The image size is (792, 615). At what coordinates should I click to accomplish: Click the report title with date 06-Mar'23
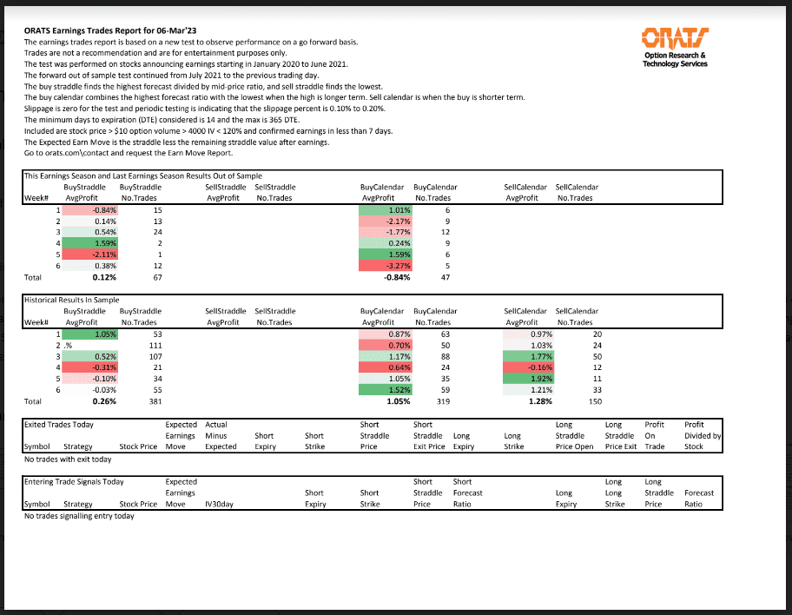click(x=110, y=31)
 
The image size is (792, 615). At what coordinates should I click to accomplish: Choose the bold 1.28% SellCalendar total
click(x=539, y=401)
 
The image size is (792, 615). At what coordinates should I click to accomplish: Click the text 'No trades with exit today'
click(x=68, y=459)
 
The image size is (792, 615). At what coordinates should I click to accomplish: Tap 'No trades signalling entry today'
click(x=79, y=516)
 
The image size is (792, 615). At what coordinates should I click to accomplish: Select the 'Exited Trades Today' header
click(x=59, y=425)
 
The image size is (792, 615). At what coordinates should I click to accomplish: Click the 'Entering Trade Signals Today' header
click(x=74, y=481)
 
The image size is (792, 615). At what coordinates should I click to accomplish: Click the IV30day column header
click(x=221, y=504)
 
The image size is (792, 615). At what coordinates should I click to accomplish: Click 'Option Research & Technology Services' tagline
click(x=675, y=60)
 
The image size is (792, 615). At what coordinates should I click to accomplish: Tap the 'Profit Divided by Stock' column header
click(x=702, y=436)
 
